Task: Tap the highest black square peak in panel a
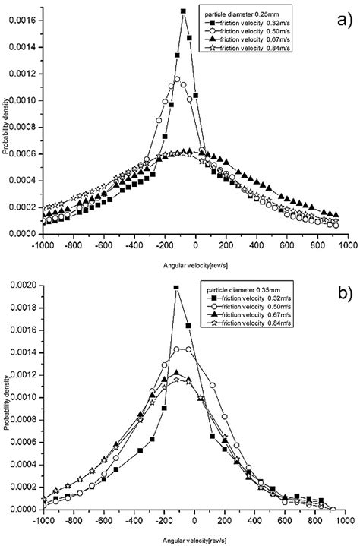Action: point(183,11)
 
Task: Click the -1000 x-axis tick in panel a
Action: point(42,245)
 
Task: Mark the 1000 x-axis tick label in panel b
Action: point(346,520)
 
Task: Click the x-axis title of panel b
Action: point(194,537)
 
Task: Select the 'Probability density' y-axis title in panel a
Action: point(7,125)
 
